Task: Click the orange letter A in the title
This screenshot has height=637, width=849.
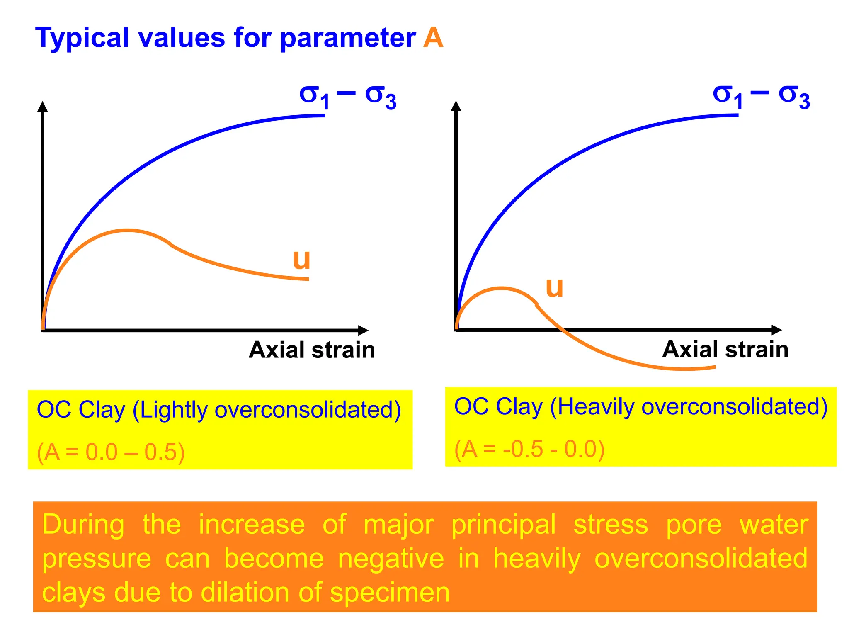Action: point(433,38)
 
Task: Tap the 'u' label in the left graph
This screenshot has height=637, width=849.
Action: point(301,259)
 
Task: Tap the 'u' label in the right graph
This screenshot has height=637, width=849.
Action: point(554,287)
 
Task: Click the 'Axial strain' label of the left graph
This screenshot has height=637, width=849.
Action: point(312,350)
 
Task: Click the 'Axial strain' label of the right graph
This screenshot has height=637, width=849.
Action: point(725,349)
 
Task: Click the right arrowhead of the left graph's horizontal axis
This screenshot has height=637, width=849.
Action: point(363,331)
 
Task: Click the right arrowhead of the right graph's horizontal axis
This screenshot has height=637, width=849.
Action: point(777,330)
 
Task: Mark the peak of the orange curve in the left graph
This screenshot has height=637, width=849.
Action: point(127,230)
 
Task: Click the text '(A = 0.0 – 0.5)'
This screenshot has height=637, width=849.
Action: point(111,452)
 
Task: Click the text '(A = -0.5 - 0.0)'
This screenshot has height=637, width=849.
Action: point(529,449)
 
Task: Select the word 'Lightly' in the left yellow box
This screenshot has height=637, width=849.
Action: point(173,410)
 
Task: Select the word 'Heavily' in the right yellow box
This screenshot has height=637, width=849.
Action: point(596,407)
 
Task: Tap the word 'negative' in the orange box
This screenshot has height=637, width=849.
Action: point(391,558)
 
